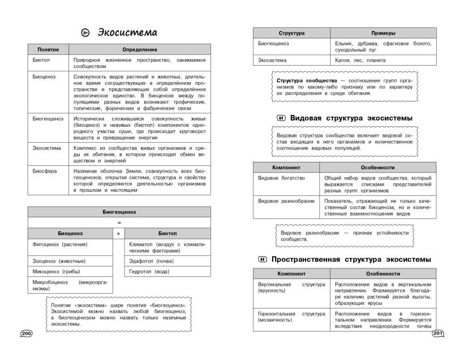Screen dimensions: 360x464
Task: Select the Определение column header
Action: point(140,50)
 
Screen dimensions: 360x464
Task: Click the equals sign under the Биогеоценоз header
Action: point(119,222)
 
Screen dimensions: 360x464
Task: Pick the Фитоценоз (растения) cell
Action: point(61,245)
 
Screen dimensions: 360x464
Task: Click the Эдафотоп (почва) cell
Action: point(151,261)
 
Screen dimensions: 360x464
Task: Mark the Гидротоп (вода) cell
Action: point(149,271)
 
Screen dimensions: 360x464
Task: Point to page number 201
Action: point(439,333)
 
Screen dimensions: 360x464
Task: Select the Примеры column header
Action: point(383,33)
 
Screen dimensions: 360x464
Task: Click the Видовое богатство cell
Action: point(281,178)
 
